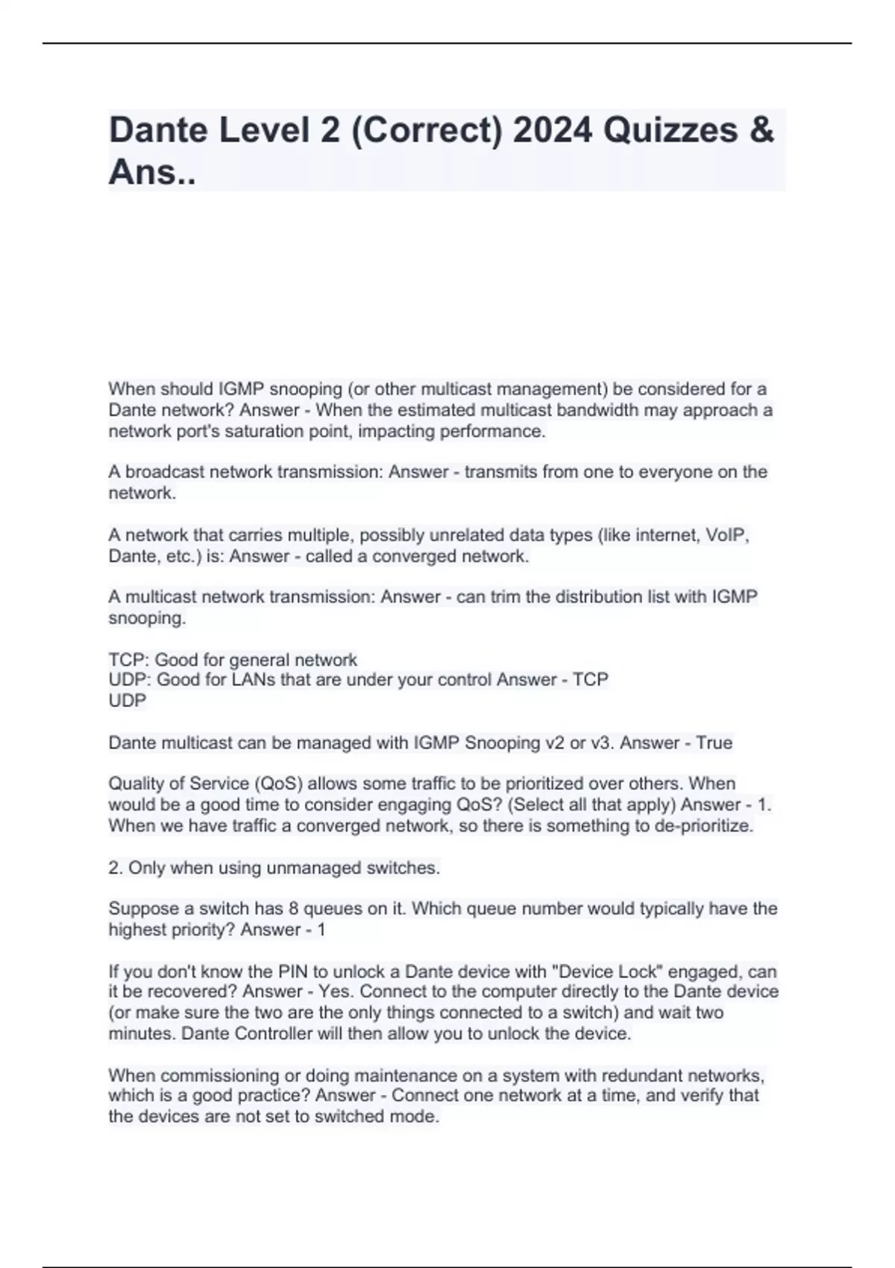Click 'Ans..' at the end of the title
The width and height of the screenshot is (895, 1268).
click(151, 172)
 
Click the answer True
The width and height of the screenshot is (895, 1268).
click(714, 743)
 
